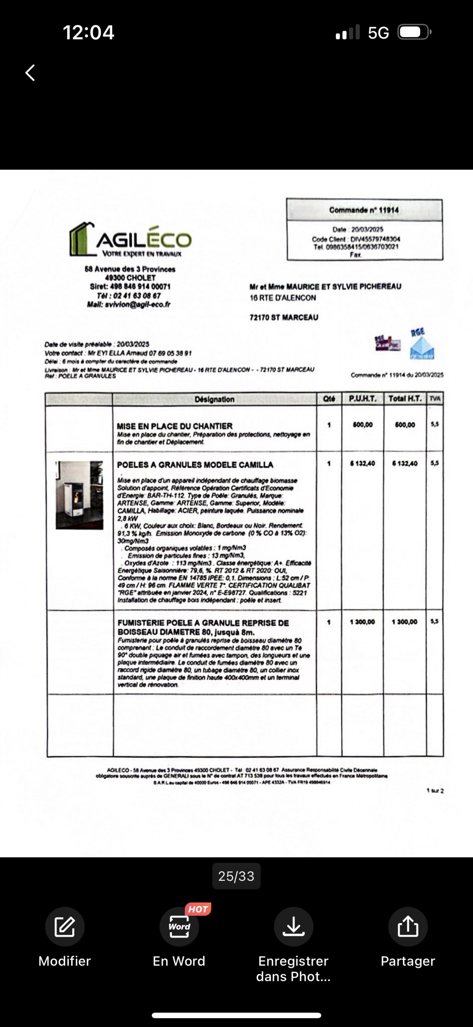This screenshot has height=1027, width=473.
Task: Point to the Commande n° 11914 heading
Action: tap(364, 210)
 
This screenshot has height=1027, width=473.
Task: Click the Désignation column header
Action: tap(214, 399)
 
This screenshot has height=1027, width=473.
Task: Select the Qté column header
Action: tap(329, 399)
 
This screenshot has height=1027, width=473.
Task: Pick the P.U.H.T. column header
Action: tap(362, 399)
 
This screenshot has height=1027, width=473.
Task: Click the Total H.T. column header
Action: tap(405, 399)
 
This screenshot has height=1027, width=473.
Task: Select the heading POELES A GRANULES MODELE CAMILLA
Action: tap(195, 465)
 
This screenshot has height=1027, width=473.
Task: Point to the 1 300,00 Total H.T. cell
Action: tap(404, 622)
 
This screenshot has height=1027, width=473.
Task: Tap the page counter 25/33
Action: tap(236, 876)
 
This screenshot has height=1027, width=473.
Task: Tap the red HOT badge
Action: tap(198, 909)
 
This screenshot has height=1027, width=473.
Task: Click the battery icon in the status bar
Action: tap(414, 32)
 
